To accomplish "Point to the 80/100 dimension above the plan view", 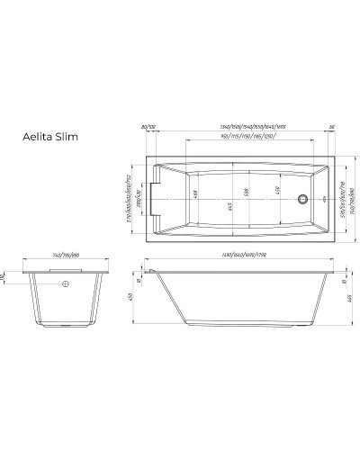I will pos(148,128).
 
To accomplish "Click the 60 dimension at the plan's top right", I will pos(332,128).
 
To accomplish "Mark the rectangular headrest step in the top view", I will pos(157,193).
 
